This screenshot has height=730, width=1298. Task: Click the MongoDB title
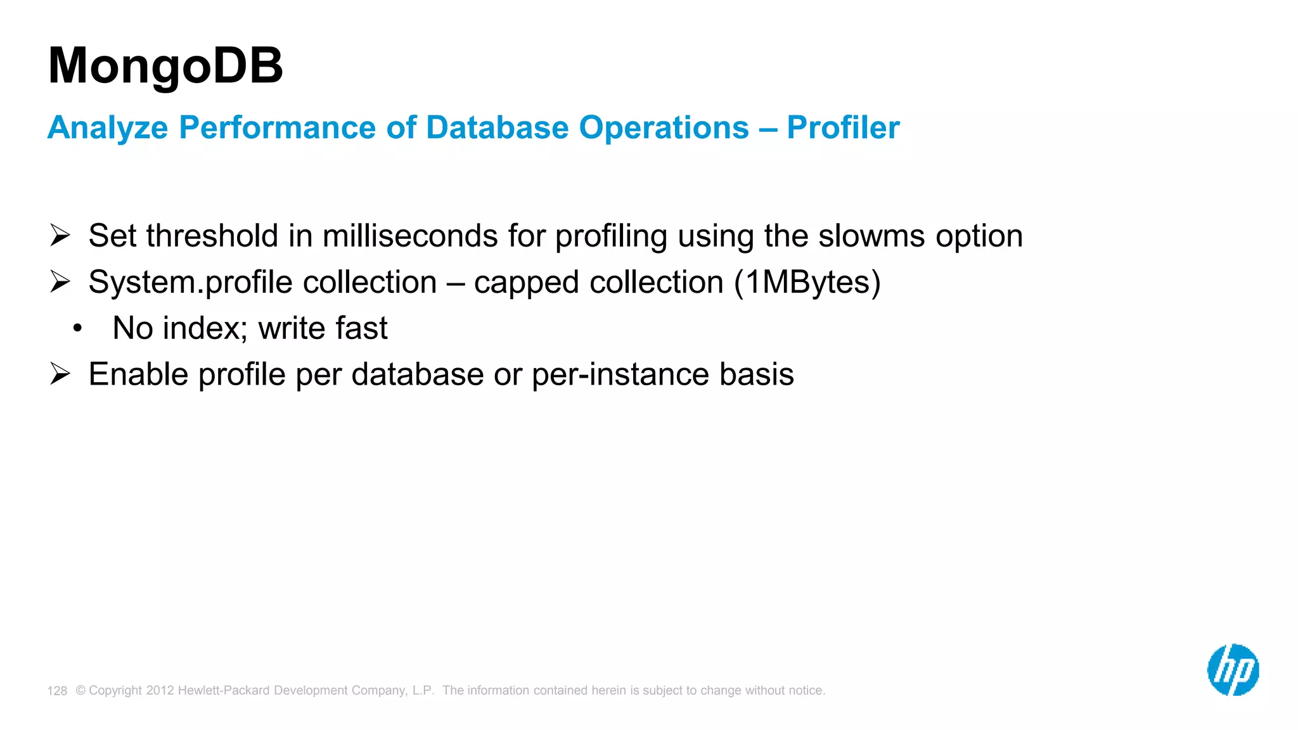pyautogui.click(x=165, y=66)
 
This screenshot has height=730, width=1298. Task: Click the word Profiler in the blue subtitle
pyautogui.click(x=843, y=127)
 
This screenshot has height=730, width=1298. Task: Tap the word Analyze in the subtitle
pyautogui.click(x=108, y=128)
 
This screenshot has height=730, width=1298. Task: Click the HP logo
pyautogui.click(x=1233, y=670)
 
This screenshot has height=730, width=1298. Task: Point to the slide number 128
pyautogui.click(x=57, y=691)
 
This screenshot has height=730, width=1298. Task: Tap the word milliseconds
pyautogui.click(x=410, y=236)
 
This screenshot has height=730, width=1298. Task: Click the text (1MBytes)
pyautogui.click(x=807, y=282)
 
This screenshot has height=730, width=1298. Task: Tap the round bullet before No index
pyautogui.click(x=77, y=328)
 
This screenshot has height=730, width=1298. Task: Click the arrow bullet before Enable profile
pyautogui.click(x=60, y=374)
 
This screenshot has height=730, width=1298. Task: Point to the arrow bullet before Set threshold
pyautogui.click(x=60, y=235)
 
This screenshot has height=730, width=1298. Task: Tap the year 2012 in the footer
pyautogui.click(x=160, y=690)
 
